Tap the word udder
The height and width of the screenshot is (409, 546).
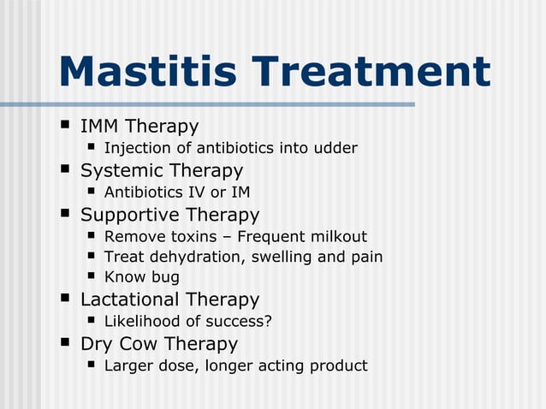coord(335,149)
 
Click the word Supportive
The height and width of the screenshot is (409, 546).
coord(129,215)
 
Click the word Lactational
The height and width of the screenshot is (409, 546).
coord(131,299)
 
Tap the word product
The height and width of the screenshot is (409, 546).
coord(338,366)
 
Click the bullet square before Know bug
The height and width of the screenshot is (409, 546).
coord(92,276)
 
